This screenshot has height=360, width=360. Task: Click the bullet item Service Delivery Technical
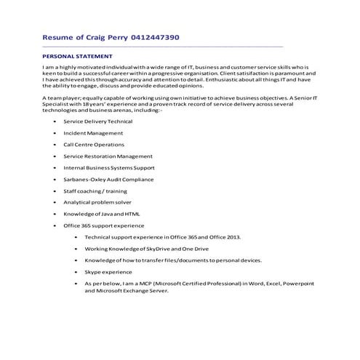pos(97,121)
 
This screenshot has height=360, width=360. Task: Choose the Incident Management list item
pos(93,133)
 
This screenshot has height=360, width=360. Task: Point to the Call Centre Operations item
pos(94,145)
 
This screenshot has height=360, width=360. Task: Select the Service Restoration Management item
pos(108,156)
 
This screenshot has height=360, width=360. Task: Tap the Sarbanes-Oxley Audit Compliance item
pos(108,179)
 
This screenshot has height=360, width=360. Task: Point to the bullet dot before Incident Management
pos(56,133)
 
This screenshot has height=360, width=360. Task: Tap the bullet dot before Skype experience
pos(76,271)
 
